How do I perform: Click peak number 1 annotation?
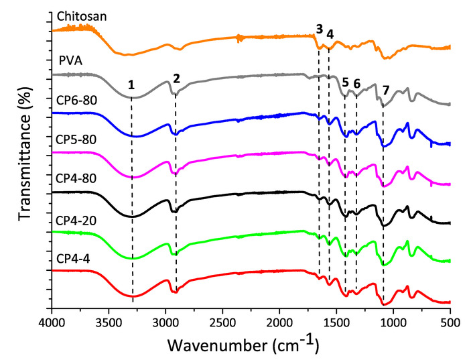[132, 84]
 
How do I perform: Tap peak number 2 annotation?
[176, 78]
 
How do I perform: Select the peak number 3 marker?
[319, 29]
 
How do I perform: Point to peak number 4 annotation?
[330, 34]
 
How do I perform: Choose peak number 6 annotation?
[357, 84]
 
